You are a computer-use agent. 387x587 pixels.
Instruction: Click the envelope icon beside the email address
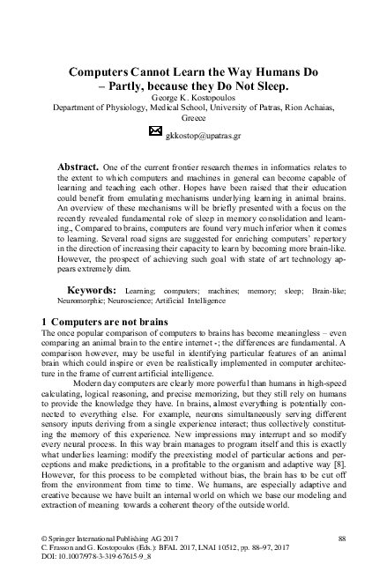pos(155,130)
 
